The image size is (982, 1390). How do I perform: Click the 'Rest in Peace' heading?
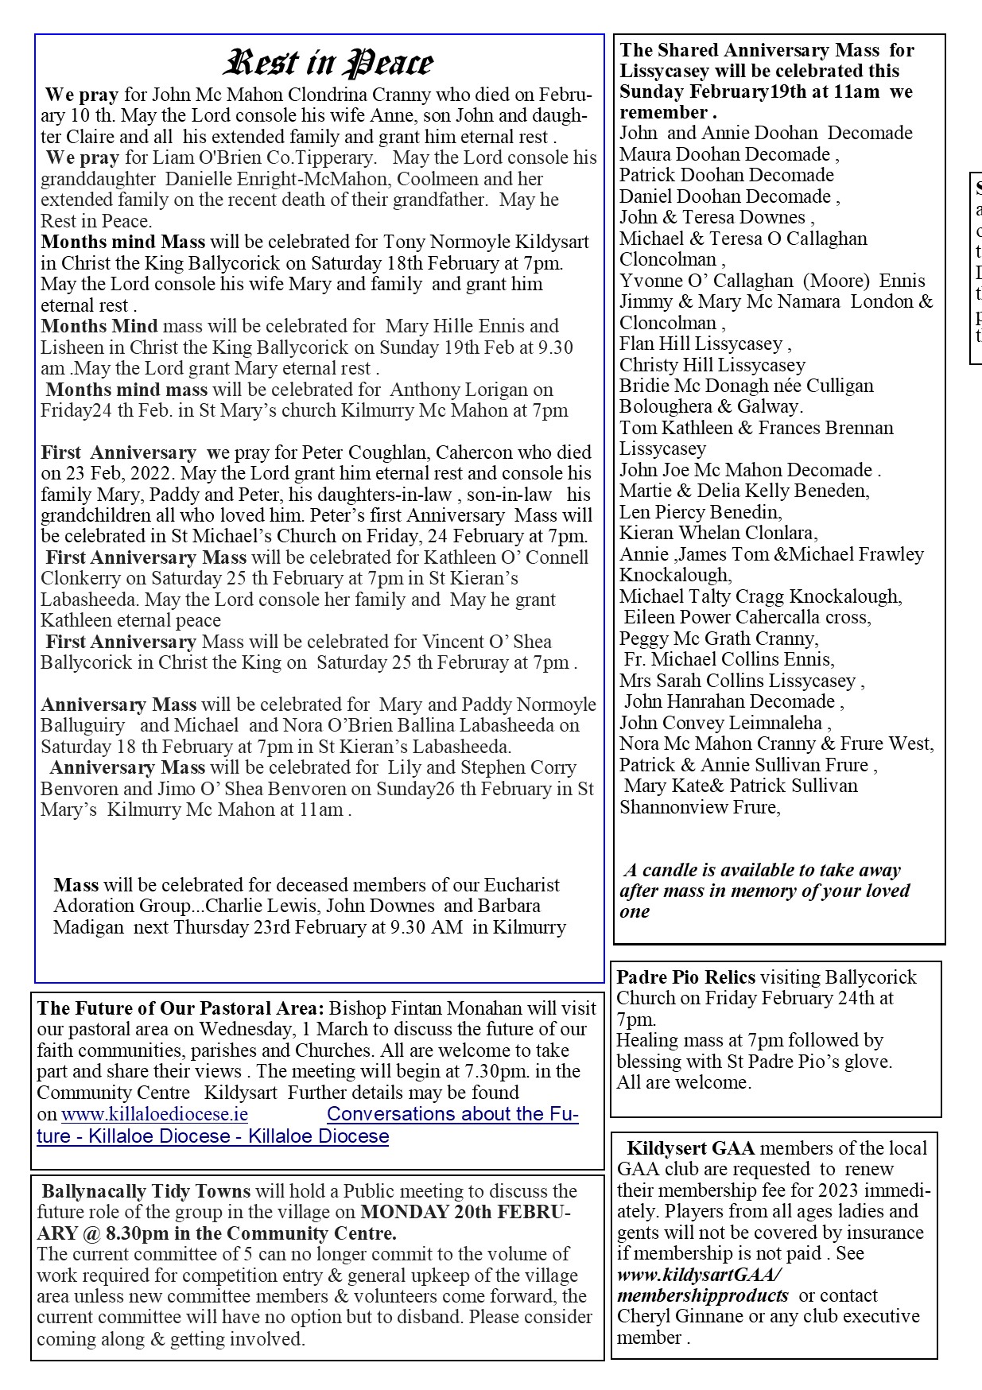[329, 63]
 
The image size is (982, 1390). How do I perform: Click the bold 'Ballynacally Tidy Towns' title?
[146, 1191]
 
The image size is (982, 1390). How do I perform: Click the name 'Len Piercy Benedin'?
[699, 512]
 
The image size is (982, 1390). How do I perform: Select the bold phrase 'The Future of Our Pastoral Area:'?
[180, 1008]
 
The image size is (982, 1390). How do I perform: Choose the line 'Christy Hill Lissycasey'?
[712, 365]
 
